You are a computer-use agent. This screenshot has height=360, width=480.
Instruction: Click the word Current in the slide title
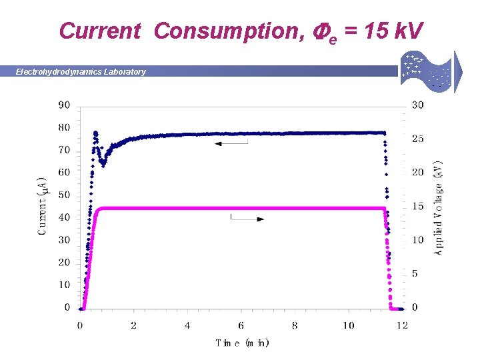coord(100,31)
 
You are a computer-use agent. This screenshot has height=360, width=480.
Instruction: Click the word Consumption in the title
coord(219,31)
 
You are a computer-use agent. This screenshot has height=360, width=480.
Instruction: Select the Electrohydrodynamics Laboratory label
coord(81,72)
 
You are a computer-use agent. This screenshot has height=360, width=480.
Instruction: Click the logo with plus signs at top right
coord(427,71)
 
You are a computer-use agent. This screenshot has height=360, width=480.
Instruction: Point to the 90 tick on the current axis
coord(64,105)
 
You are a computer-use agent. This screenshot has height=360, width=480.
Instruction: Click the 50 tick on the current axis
coord(64,195)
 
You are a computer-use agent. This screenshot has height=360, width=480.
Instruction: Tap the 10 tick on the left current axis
coord(64,285)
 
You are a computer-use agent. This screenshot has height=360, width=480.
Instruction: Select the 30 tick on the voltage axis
coord(417,105)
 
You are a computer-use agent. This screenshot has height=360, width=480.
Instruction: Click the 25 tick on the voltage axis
coord(417,139)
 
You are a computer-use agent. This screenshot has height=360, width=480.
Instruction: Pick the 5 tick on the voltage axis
coord(415,274)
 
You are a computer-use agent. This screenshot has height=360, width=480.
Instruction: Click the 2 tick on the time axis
coord(133,325)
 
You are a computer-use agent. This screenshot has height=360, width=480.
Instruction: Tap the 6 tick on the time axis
coord(241,325)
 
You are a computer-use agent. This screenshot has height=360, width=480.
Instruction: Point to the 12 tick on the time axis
coord(402,325)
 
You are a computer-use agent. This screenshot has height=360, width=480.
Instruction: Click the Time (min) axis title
coord(242,343)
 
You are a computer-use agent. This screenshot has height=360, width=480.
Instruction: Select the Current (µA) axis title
coord(43,205)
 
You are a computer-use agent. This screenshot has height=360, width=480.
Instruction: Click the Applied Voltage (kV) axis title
coord(438,207)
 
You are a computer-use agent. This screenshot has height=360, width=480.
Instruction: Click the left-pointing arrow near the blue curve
coord(231,143)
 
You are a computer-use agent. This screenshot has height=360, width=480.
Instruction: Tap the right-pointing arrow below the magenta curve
coord(247,219)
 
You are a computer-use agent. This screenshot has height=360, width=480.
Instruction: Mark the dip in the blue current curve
coord(103,163)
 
